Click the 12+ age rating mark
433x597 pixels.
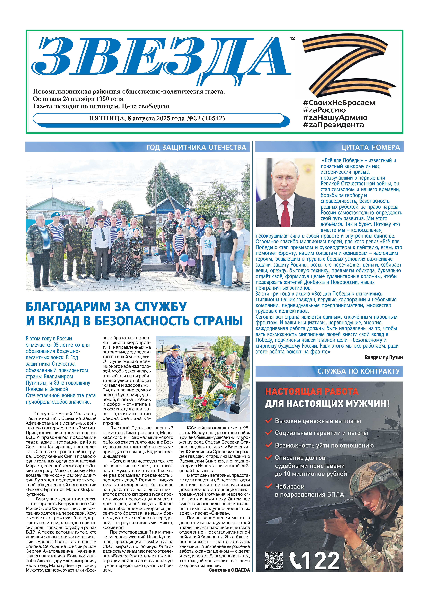[x=293, y=38]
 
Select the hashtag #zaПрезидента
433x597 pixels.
[x=333, y=125]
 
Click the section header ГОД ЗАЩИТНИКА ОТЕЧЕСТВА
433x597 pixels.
[x=196, y=147]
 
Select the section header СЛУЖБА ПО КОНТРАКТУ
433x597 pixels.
[x=358, y=371]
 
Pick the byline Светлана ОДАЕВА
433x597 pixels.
[x=229, y=570]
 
